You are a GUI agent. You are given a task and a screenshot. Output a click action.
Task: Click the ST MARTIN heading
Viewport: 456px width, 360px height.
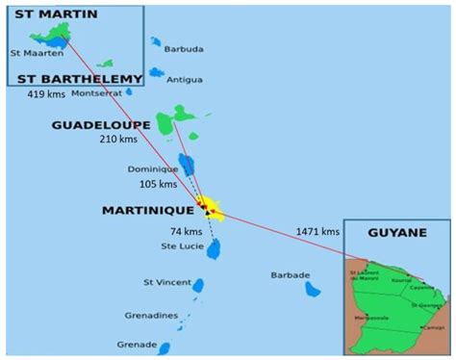click(x=45, y=16)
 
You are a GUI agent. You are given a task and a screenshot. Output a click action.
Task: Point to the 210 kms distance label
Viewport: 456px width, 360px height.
click(x=118, y=140)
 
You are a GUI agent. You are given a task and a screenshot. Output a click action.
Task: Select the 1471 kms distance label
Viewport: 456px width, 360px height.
click(x=318, y=231)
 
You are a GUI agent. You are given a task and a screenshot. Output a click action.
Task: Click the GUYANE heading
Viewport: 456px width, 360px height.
click(x=397, y=233)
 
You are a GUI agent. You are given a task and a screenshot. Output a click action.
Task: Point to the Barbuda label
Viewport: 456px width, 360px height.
click(x=184, y=49)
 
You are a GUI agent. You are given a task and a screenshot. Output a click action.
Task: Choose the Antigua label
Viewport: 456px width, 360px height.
click(x=184, y=79)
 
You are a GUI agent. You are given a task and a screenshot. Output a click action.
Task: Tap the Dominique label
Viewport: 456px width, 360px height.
click(x=152, y=169)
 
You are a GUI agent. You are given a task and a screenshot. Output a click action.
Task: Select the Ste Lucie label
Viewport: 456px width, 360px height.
click(x=181, y=246)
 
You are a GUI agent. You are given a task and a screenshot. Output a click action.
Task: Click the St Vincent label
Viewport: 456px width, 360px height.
click(x=163, y=282)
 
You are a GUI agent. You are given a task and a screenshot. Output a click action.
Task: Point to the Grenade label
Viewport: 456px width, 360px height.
click(x=136, y=344)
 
